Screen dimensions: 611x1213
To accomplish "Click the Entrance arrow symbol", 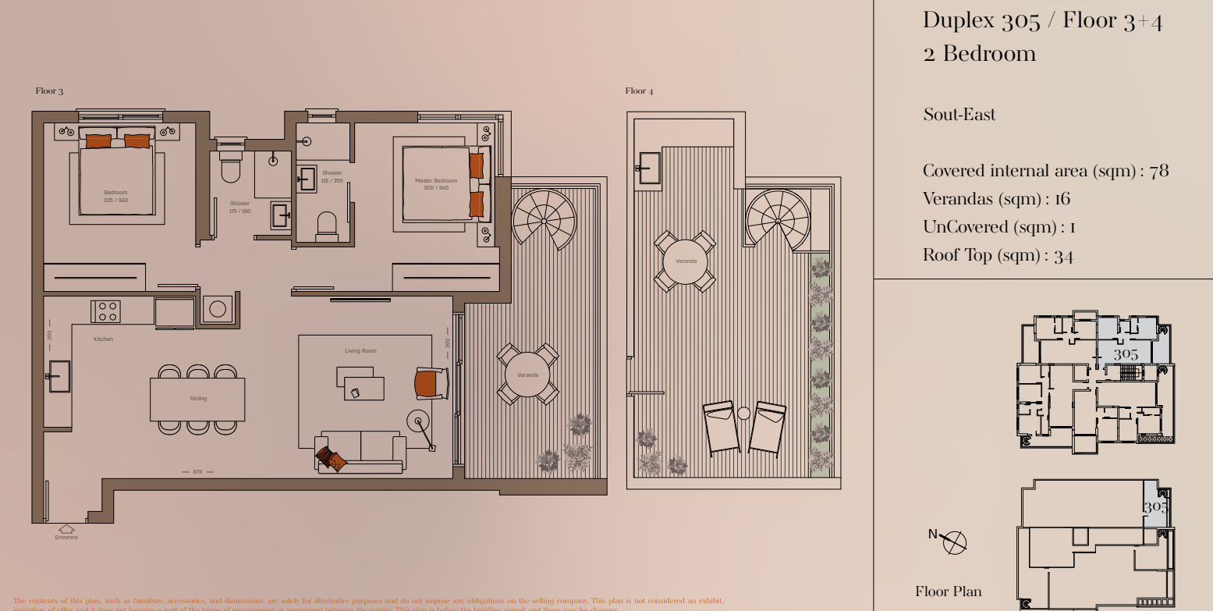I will (66, 529).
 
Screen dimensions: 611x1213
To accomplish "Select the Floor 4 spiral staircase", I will (777, 219).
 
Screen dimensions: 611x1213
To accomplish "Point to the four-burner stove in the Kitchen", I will (106, 311).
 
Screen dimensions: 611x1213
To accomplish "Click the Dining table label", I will (198, 399).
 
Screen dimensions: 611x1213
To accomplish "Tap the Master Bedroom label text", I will (436, 184).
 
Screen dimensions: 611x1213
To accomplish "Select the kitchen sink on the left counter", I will (59, 376).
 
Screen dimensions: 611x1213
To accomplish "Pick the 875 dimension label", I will (197, 472).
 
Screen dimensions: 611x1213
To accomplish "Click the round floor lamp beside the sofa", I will (419, 422).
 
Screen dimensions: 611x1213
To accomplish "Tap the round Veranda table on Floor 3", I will (527, 375).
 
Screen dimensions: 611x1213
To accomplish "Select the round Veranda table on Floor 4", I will (686, 261).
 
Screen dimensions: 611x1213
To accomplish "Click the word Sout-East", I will (959, 115).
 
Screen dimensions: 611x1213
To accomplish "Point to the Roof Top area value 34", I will (1063, 256).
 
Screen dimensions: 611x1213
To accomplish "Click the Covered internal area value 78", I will (1159, 171).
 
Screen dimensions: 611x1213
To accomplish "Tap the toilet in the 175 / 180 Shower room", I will (230, 169).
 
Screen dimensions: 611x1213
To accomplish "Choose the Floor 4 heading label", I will (639, 91).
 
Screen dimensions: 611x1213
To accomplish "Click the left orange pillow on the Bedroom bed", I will (98, 141).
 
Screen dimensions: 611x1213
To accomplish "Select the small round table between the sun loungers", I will (743, 413).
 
